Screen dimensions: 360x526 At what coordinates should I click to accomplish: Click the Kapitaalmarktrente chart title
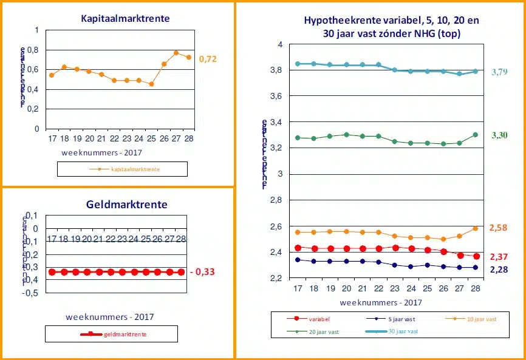tap(125, 19)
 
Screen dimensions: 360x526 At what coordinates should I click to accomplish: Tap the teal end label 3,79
tap(499, 72)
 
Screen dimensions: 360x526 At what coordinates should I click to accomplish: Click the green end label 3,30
tap(499, 135)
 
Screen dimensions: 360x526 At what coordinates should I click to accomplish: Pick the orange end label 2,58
tap(498, 228)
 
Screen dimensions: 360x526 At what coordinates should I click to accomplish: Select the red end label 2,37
tap(498, 257)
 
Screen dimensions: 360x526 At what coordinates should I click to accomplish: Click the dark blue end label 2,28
tap(498, 269)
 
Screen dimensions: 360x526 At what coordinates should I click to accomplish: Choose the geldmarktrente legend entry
tap(128, 334)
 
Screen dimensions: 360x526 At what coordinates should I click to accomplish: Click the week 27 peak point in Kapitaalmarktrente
tap(176, 53)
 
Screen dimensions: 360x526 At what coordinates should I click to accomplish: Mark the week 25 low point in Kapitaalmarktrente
tap(151, 84)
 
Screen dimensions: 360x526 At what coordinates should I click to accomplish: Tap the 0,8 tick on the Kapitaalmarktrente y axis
tap(33, 50)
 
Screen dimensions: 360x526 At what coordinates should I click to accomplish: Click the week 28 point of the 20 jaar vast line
tap(475, 135)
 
